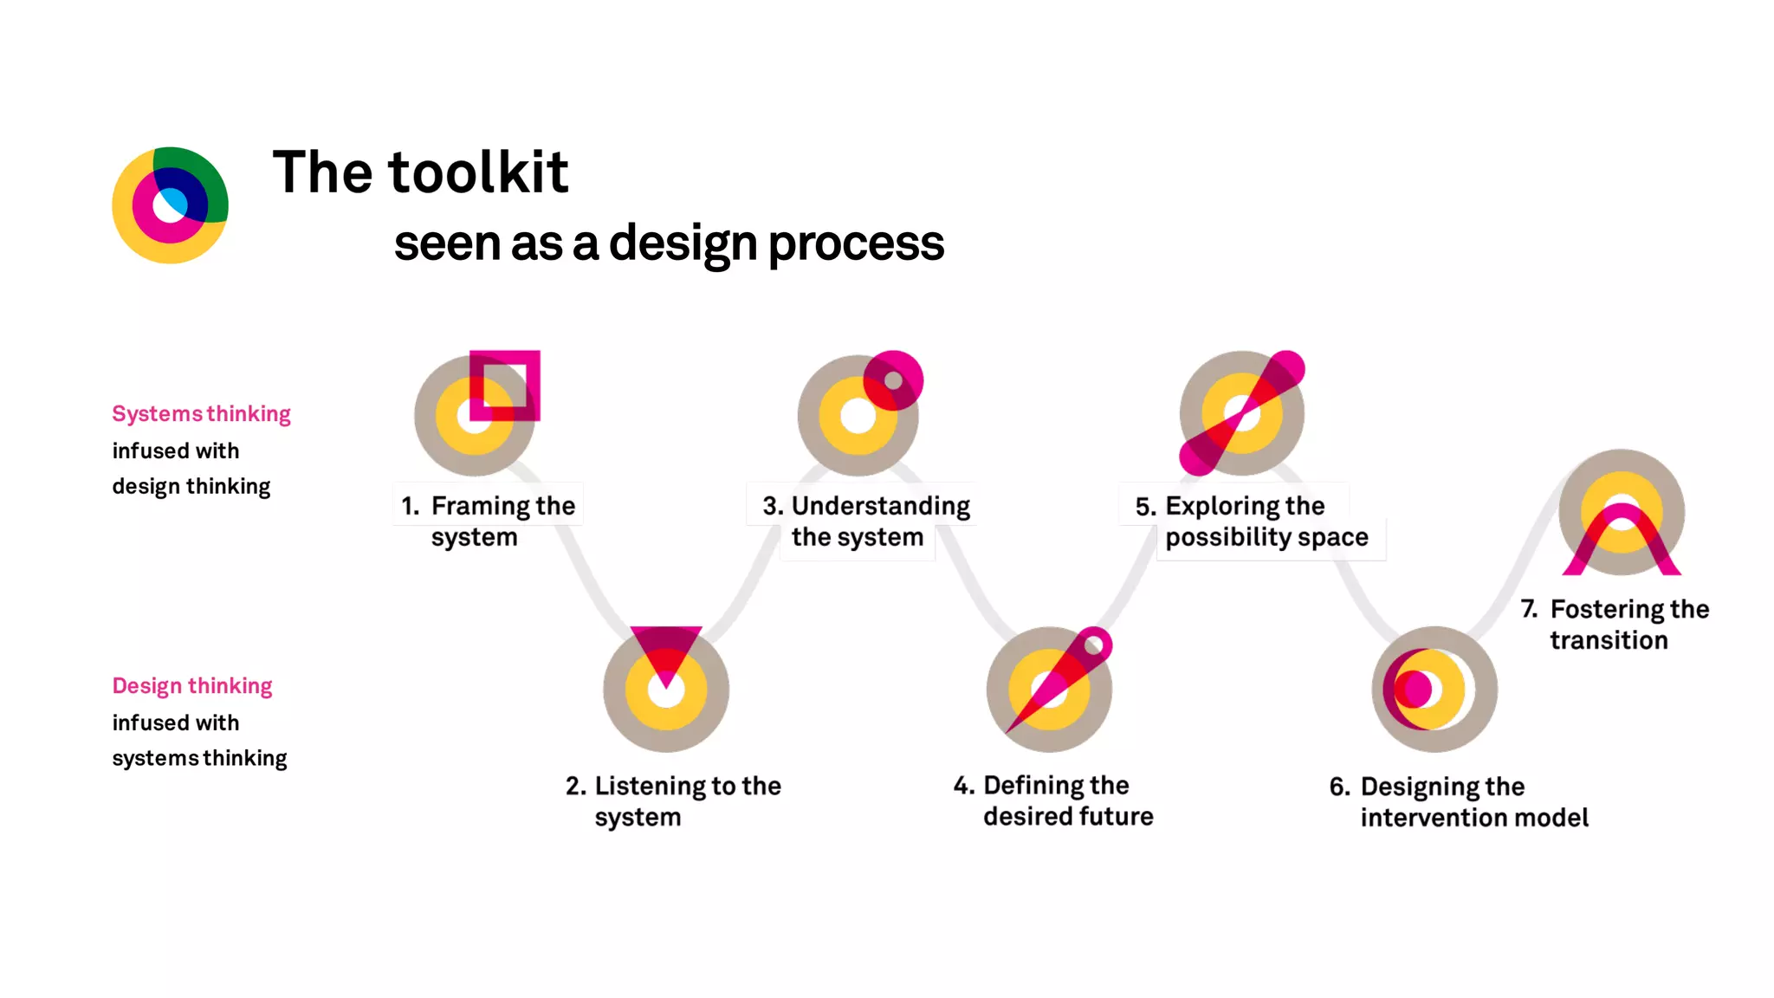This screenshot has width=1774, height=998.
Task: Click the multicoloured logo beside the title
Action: coord(170,205)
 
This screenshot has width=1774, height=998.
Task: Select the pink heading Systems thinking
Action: coord(201,414)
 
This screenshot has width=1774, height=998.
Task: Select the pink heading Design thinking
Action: coord(192,686)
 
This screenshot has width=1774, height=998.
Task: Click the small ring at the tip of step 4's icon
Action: coord(1094,645)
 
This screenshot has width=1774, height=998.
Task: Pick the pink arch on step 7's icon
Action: coord(1622,528)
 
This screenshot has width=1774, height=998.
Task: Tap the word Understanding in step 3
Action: coord(880,506)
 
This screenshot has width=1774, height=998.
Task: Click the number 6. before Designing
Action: coord(1339,787)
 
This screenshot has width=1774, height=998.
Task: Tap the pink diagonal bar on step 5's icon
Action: coord(1242,413)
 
